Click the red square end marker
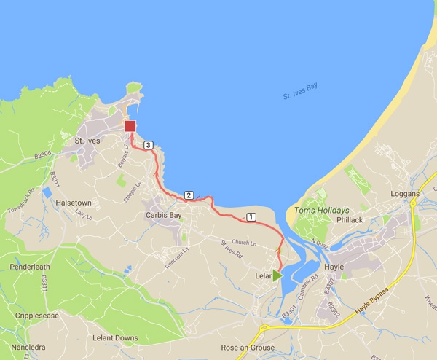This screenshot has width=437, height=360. (x=130, y=126)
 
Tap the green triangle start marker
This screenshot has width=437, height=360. (x=277, y=275)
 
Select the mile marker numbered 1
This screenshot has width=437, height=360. (x=251, y=216)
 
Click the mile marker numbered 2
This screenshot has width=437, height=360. (x=188, y=195)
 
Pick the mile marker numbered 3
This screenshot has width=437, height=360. (x=148, y=145)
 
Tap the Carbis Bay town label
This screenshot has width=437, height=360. (x=163, y=215)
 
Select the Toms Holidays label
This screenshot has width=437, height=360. (x=321, y=211)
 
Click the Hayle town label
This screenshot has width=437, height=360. (x=334, y=267)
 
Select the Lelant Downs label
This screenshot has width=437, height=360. (x=116, y=338)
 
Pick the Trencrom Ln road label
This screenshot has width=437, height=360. (x=176, y=257)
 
